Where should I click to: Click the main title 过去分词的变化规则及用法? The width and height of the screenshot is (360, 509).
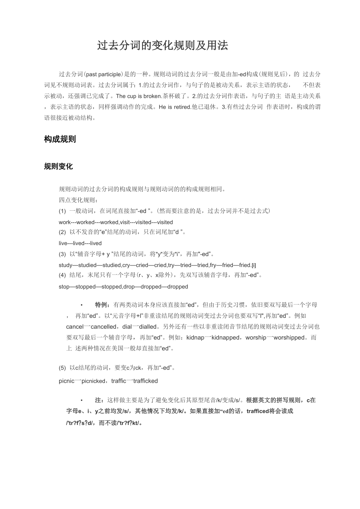pyautogui.click(x=162, y=46)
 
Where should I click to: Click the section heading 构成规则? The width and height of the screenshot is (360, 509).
pyautogui.click(x=60, y=139)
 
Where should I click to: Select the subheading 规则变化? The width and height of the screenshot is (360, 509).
pyautogui.click(x=58, y=167)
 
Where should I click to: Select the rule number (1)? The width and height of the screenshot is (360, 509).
pyautogui.click(x=62, y=211)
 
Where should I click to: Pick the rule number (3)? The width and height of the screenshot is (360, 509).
pyautogui.click(x=62, y=254)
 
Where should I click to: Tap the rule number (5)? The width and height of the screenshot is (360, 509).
pyautogui.click(x=62, y=368)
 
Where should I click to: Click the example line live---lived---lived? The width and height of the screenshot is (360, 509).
pyautogui.click(x=80, y=243)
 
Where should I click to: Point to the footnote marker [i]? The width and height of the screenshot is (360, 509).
pyautogui.click(x=254, y=265)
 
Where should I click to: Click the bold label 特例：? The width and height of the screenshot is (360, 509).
pyautogui.click(x=103, y=305)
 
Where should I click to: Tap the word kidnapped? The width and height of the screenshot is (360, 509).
pyautogui.click(x=225, y=337)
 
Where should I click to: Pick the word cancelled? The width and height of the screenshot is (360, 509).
pyautogui.click(x=103, y=326)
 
